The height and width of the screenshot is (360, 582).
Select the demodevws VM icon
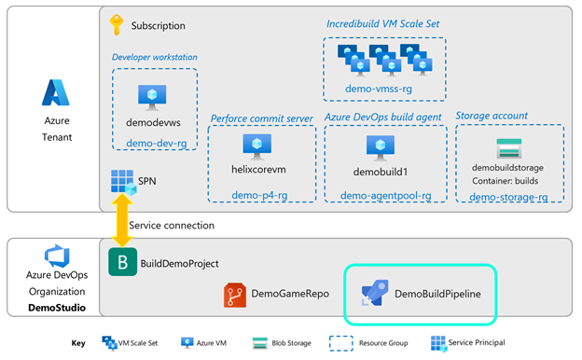point(152,95)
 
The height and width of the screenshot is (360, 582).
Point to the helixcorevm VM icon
point(256,145)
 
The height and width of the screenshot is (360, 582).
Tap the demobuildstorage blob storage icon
point(508,147)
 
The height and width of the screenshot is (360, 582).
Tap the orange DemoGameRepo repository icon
point(235,295)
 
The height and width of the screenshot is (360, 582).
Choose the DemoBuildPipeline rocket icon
point(373,295)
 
